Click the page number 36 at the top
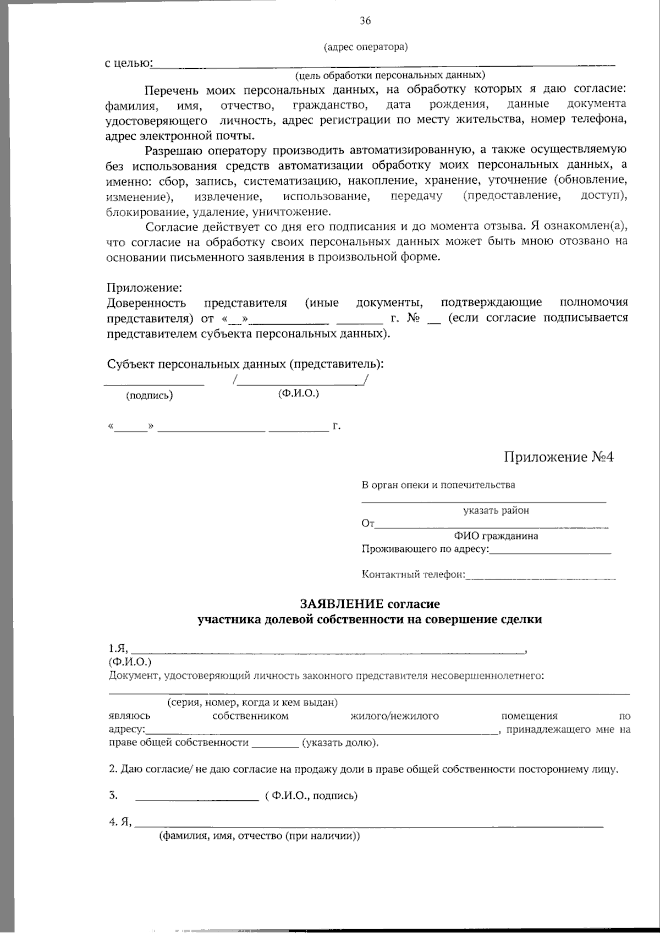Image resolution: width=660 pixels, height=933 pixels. click(365, 21)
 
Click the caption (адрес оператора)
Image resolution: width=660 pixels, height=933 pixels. click(366, 47)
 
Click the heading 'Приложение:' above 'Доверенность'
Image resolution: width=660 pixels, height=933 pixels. click(144, 288)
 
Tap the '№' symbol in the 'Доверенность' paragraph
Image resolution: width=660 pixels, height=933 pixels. click(413, 318)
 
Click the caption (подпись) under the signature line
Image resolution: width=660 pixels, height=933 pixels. click(150, 395)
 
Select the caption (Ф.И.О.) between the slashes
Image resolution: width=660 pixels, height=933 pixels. click(299, 393)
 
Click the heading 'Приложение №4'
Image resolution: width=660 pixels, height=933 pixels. click(558, 457)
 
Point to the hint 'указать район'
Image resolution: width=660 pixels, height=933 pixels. click(496, 511)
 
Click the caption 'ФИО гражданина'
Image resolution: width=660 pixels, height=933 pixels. click(496, 536)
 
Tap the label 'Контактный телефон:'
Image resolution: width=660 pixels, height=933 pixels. click(413, 575)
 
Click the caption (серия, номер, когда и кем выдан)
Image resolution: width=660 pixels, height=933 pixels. click(252, 703)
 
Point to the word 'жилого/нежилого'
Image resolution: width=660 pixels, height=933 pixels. click(394, 716)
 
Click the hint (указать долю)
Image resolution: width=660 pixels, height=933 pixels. click(340, 743)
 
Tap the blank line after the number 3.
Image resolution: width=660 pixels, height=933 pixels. click(196, 797)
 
